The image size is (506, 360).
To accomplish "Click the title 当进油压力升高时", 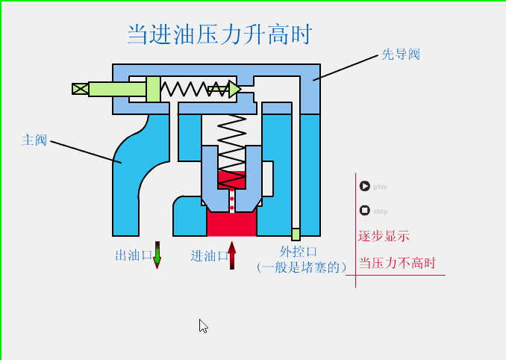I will pos(219,34).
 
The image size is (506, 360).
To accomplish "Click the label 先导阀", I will pos(401,55).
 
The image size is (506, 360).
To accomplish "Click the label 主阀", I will pos(34,140).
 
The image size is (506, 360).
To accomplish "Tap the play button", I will pos(364,186).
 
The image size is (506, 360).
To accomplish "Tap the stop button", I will pos(364,211).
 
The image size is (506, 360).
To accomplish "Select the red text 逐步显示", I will pos(384,236).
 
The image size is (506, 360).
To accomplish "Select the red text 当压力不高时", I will pos(396,263).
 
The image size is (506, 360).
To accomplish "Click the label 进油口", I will pos(209,255).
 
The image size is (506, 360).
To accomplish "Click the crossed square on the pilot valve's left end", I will pos(80,89).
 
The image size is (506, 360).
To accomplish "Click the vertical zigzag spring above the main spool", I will pos(231,142).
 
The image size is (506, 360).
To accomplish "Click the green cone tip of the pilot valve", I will pos(233,90).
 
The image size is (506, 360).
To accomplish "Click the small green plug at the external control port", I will pos(296,234).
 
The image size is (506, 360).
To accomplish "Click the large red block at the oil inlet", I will pos(231,223).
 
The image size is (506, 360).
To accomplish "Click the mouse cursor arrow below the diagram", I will pos(202,325).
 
